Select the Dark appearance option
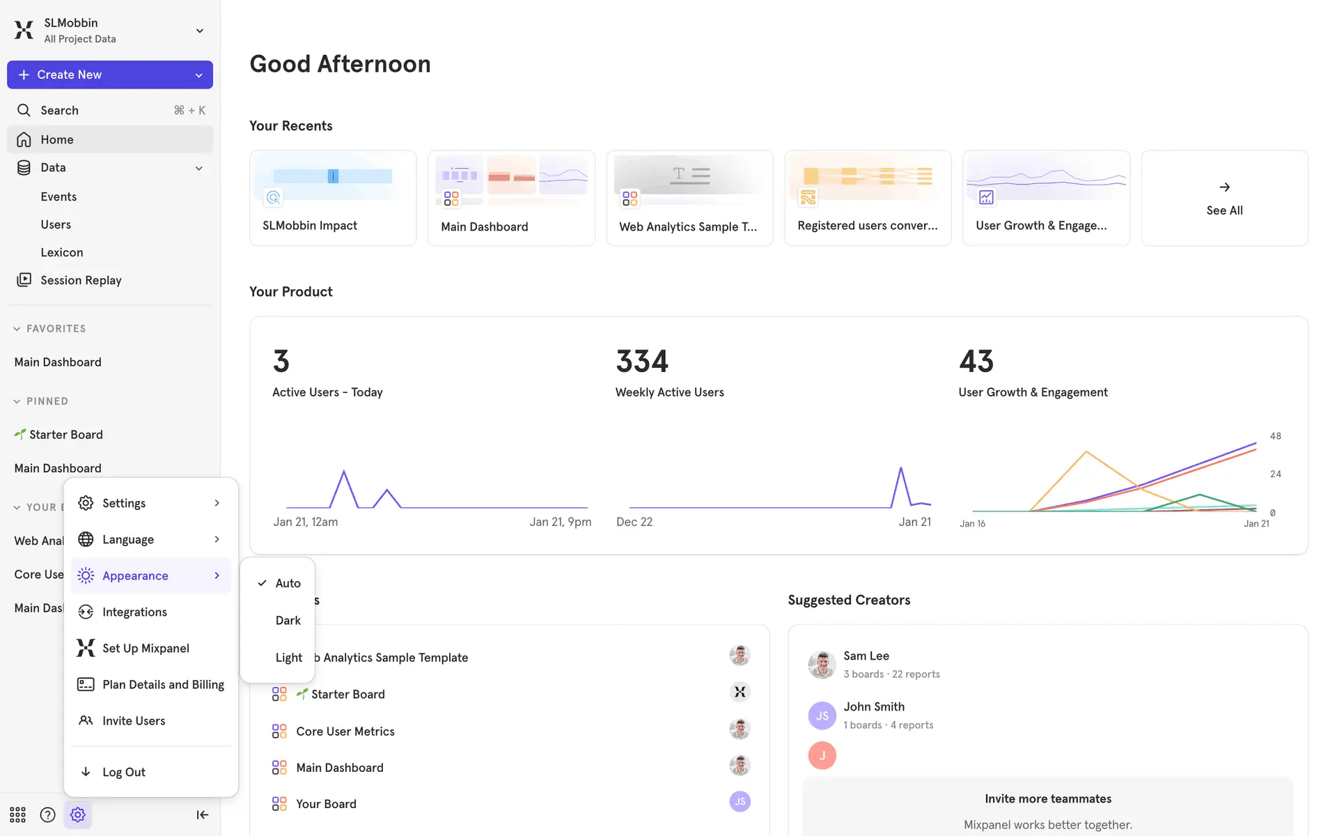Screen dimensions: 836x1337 (288, 620)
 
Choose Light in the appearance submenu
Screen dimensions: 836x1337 (288, 658)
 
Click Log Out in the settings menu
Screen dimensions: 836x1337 (123, 772)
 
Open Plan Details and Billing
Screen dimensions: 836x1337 (162, 684)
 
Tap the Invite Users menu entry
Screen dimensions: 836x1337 (133, 720)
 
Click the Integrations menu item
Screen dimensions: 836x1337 (134, 612)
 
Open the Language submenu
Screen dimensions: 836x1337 (128, 539)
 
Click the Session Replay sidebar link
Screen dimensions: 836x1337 (81, 280)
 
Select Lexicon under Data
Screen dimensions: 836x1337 (62, 252)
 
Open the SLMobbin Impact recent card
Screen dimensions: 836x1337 (333, 198)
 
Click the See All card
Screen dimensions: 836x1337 (1224, 198)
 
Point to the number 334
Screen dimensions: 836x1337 (642, 361)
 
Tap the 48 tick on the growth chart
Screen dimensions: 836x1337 (1275, 436)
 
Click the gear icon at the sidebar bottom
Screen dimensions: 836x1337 (78, 814)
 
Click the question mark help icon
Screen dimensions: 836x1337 (47, 814)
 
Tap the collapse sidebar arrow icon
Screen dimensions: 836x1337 (202, 814)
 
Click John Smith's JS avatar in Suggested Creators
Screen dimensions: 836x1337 (822, 715)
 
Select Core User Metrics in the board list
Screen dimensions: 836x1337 (345, 731)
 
